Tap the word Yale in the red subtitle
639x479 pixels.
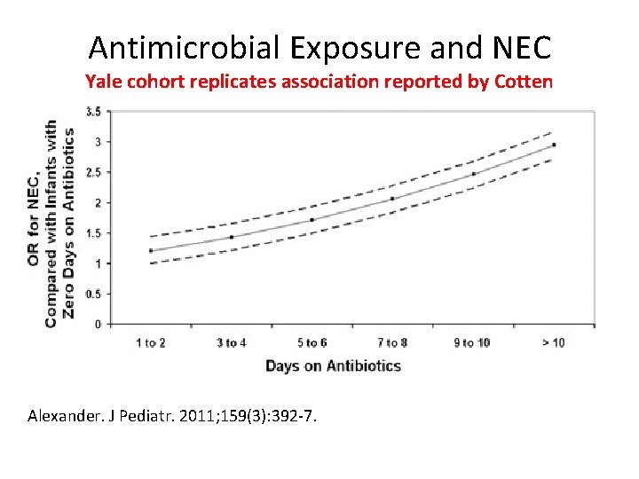pyautogui.click(x=104, y=82)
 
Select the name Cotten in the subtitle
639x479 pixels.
pyautogui.click(x=523, y=82)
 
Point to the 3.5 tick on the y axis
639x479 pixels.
pyautogui.click(x=92, y=112)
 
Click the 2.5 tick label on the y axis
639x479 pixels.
pyautogui.click(x=92, y=172)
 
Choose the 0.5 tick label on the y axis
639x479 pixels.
pyautogui.click(x=92, y=294)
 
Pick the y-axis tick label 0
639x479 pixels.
pyautogui.click(x=98, y=325)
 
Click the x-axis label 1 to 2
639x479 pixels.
pyautogui.click(x=150, y=343)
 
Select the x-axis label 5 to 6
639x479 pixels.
pyautogui.click(x=312, y=343)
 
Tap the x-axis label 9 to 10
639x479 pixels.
pyautogui.click(x=472, y=343)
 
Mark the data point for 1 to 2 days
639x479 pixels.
pyautogui.click(x=151, y=250)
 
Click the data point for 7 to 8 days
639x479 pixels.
pyautogui.click(x=392, y=199)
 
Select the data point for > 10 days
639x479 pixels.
pyautogui.click(x=554, y=145)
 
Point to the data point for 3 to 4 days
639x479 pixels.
pyautogui.click(x=232, y=237)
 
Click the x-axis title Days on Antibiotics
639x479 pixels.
pyautogui.click(x=333, y=365)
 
